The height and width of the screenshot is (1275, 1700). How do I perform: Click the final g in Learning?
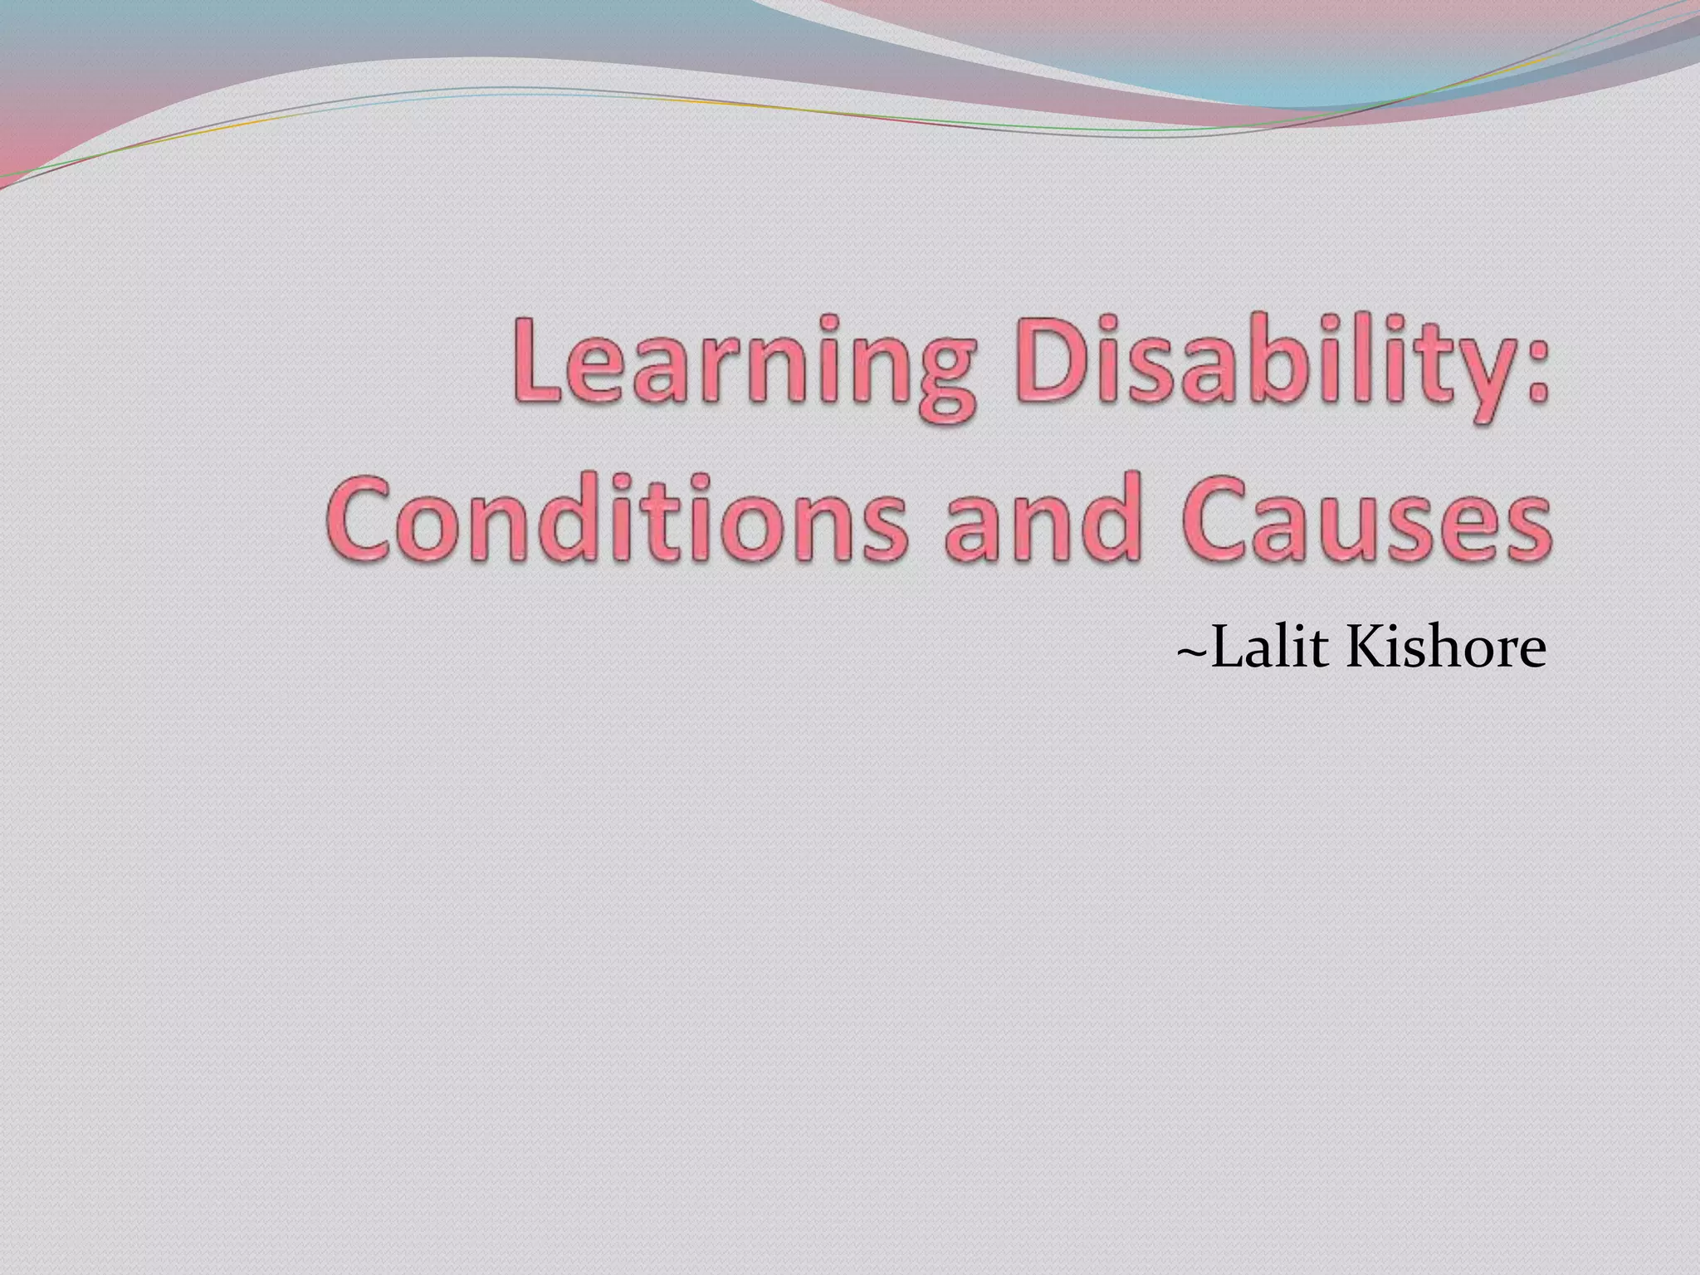click(938, 386)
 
